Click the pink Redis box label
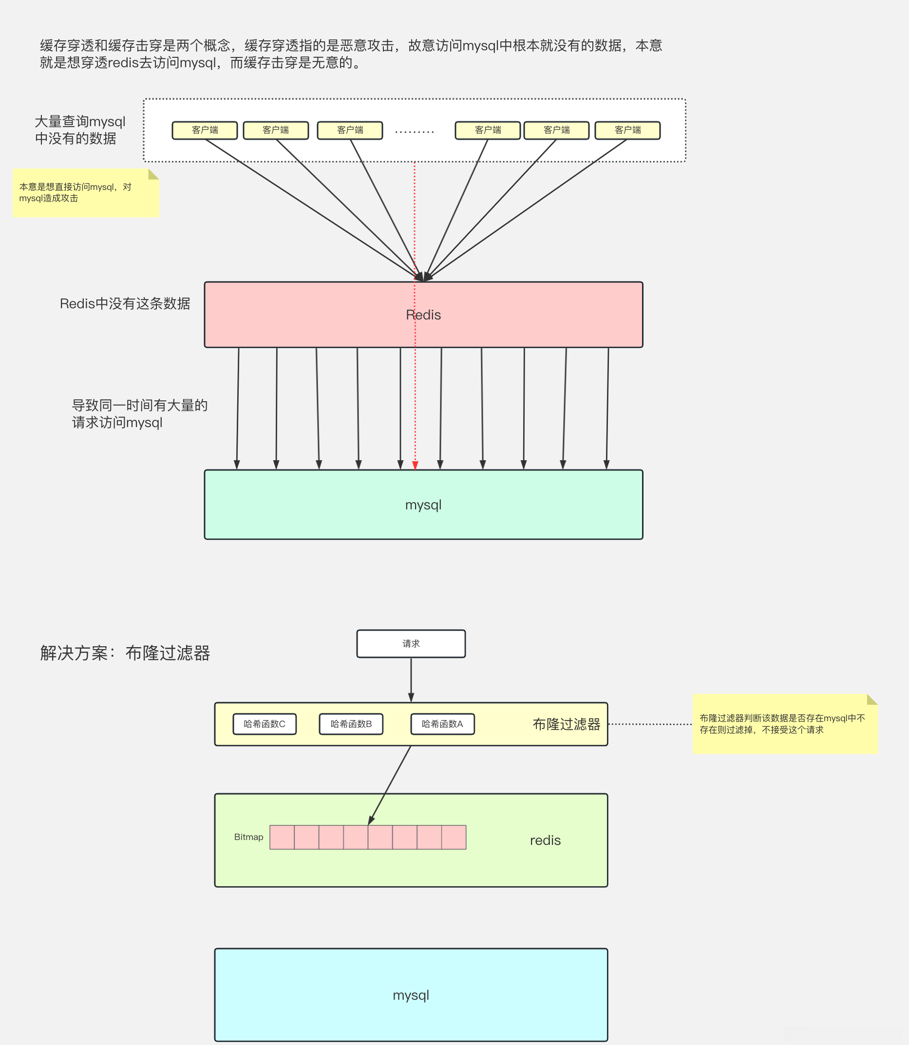[423, 315]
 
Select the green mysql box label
[423, 505]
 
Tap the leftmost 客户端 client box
[205, 131]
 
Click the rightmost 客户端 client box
[627, 131]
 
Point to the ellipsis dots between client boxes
[414, 132]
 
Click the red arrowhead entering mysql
[415, 466]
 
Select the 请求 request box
[411, 643]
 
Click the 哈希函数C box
[265, 724]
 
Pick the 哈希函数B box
[351, 724]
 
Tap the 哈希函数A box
[442, 724]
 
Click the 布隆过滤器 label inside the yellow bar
[566, 724]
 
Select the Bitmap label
[248, 837]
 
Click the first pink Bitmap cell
[282, 837]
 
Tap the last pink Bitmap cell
[454, 837]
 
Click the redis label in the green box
[545, 840]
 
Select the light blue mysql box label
[411, 995]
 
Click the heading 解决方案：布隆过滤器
[125, 653]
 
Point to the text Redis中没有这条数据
[125, 304]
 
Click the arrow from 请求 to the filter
[411, 679]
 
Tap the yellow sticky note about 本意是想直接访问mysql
[85, 193]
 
